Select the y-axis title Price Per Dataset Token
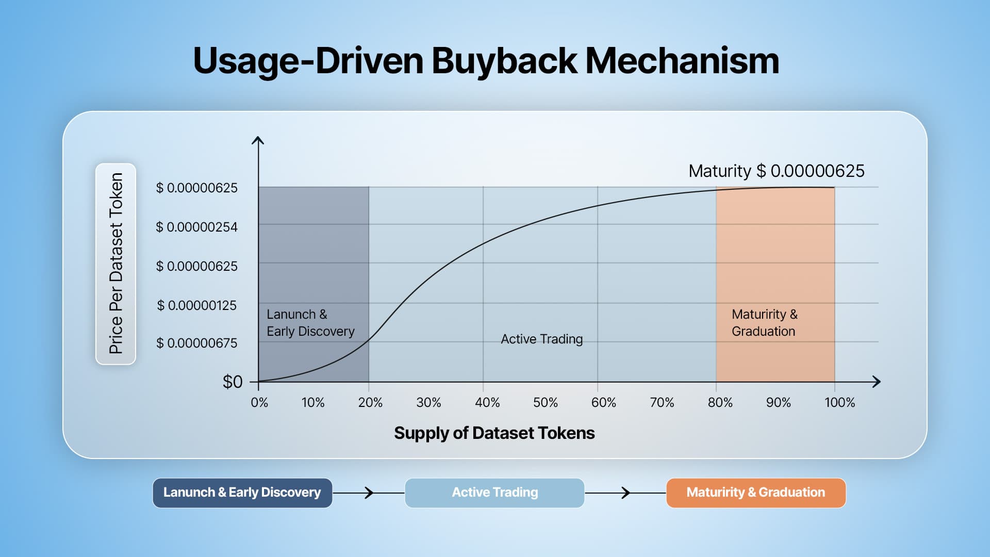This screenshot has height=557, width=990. (x=116, y=264)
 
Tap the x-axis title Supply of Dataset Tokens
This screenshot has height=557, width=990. (x=494, y=433)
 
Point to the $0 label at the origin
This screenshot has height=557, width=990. (x=233, y=382)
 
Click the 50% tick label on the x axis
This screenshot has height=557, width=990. (x=546, y=402)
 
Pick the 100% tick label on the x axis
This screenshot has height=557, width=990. (x=839, y=402)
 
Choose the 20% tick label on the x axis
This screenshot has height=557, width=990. (x=370, y=402)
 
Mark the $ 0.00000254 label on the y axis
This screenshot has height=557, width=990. (x=197, y=227)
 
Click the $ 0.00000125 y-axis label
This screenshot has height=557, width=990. (x=197, y=305)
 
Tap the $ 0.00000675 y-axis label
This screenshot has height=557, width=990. (x=197, y=343)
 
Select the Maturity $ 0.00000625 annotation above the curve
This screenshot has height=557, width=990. (x=777, y=171)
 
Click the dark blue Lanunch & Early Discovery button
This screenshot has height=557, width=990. (x=242, y=493)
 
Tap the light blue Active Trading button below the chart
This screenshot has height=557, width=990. (x=494, y=493)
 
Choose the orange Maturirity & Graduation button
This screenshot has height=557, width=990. (x=756, y=493)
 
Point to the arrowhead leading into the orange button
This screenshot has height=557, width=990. (x=626, y=493)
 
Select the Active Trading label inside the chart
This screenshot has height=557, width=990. (x=542, y=339)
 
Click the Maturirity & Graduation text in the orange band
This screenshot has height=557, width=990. (x=764, y=323)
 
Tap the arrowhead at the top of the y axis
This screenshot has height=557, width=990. (x=258, y=140)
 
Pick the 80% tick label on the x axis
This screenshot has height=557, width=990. (x=720, y=402)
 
